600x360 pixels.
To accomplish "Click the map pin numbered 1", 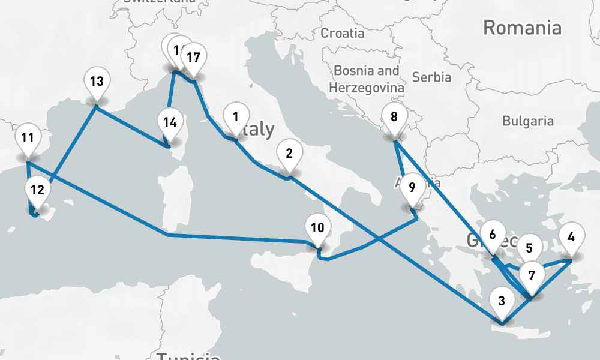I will point(236,117).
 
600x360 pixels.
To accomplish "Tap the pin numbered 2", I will point(289,154).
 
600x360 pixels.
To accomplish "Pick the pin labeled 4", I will point(571,236).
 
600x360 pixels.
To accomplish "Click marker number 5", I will point(529,247).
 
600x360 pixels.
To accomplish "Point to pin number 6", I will point(493,235).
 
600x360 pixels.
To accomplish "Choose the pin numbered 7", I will point(531,276).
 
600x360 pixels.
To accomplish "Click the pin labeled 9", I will point(412,187).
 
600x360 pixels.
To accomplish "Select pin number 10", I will point(318,228).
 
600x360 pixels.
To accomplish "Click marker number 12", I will point(37,191).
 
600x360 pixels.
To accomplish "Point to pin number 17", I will point(193,58).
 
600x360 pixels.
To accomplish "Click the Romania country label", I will point(522,28).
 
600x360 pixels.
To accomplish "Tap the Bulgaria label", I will point(528,121).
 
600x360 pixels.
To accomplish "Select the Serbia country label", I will point(432,77).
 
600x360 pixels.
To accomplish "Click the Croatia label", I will point(343,33).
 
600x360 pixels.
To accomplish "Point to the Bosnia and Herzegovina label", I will point(367,79).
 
